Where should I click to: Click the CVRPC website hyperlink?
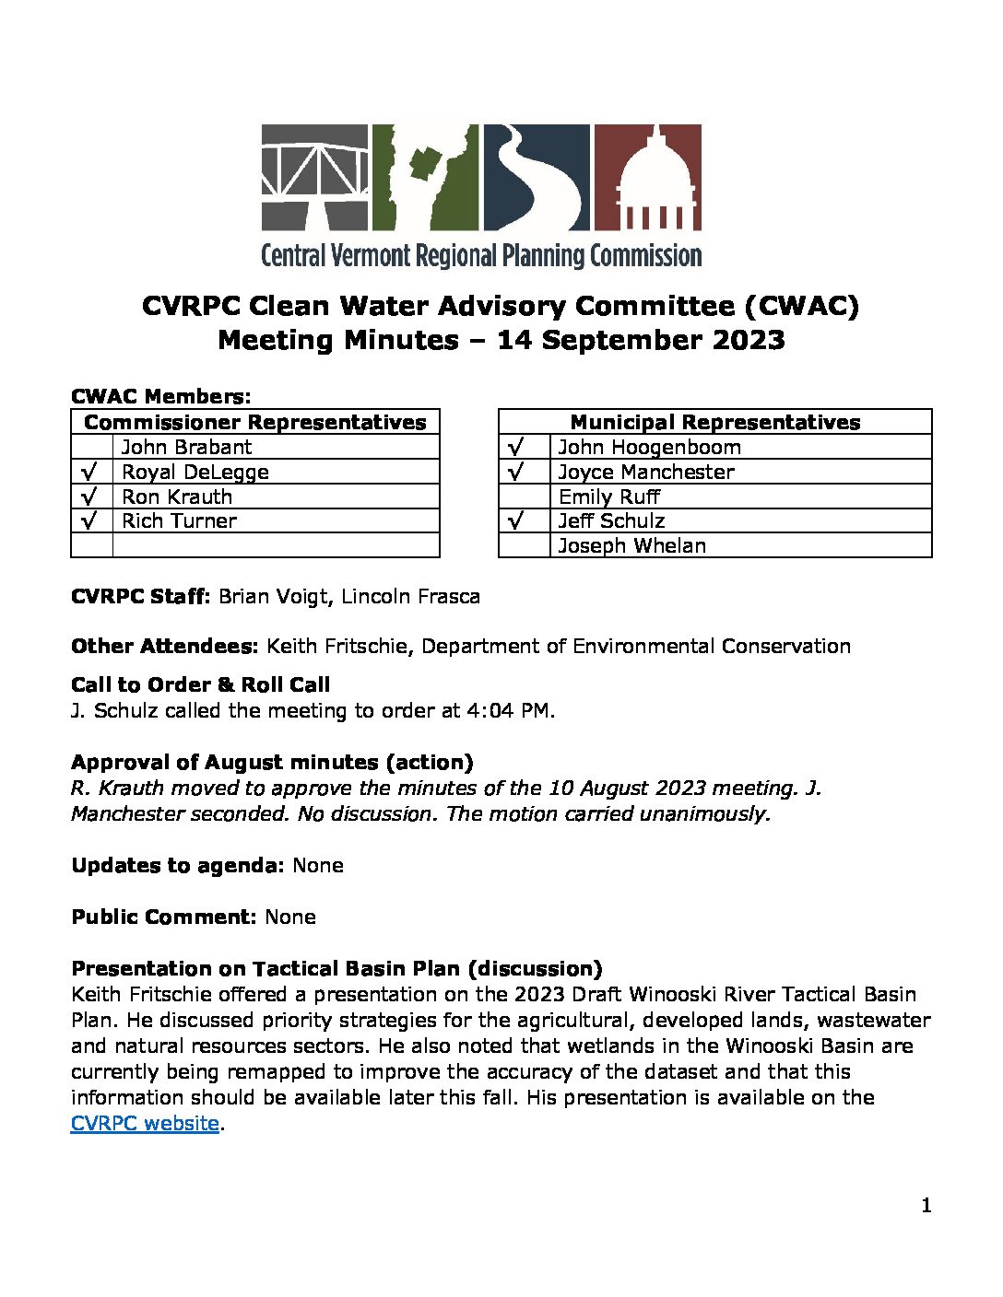(x=145, y=1123)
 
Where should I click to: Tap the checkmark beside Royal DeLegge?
(x=90, y=472)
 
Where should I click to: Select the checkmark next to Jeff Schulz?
(x=517, y=520)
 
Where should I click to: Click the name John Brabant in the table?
(x=186, y=447)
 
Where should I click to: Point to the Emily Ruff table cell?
(x=609, y=497)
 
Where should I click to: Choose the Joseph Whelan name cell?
(x=631, y=545)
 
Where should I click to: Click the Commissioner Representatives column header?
(x=255, y=422)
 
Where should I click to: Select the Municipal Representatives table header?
(x=714, y=422)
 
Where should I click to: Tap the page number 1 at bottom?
(x=926, y=1206)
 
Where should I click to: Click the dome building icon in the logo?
(x=646, y=177)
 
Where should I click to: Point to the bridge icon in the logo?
(x=315, y=177)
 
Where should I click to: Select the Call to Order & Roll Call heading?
(x=200, y=684)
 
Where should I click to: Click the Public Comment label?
(x=163, y=917)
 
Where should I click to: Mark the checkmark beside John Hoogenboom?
(x=517, y=447)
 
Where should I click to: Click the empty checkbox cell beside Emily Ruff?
(x=525, y=497)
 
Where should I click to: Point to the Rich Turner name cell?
(x=179, y=520)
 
